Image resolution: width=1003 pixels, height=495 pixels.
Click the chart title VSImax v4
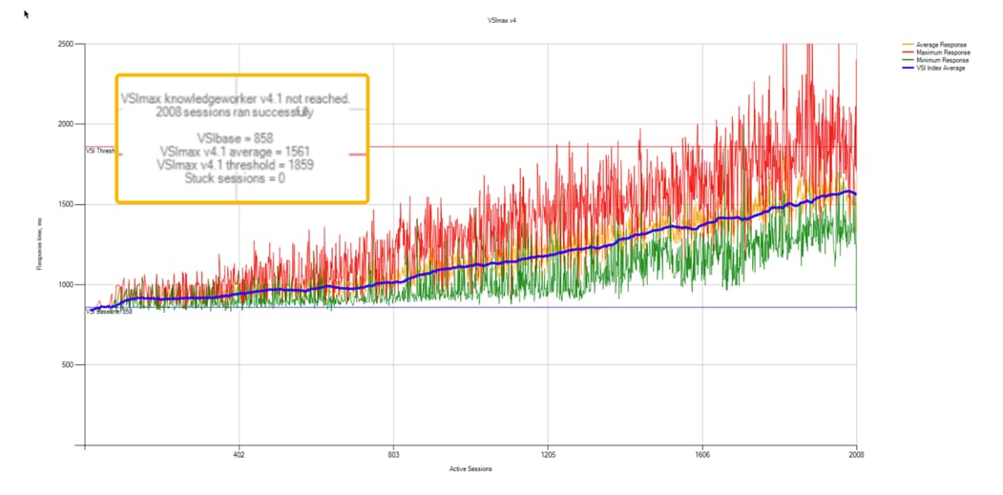coord(501,20)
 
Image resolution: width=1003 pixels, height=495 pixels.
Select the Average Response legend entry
coord(939,44)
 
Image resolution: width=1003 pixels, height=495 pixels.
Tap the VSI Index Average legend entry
coord(939,68)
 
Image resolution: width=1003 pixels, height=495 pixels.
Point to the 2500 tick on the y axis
coord(67,44)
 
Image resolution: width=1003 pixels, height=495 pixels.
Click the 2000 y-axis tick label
coord(67,124)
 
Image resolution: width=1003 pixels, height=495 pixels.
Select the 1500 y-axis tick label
coord(67,204)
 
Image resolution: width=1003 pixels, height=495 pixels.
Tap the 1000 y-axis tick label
coord(67,284)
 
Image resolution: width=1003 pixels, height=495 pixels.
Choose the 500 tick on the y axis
coord(69,364)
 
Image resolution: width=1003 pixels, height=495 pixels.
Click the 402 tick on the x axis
coord(239,455)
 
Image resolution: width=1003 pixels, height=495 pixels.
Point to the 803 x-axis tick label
coord(393,455)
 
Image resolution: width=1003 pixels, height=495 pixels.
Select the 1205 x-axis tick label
coord(548,455)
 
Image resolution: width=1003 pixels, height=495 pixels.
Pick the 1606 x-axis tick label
coord(702,455)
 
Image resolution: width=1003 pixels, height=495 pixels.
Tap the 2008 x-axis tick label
coord(856,455)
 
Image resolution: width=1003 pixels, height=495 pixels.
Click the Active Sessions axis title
coord(470,469)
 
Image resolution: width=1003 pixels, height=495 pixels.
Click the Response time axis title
coord(39,244)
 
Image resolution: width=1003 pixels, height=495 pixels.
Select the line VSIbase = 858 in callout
coord(241,137)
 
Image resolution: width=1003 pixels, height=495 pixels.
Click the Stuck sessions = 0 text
coord(241,177)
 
